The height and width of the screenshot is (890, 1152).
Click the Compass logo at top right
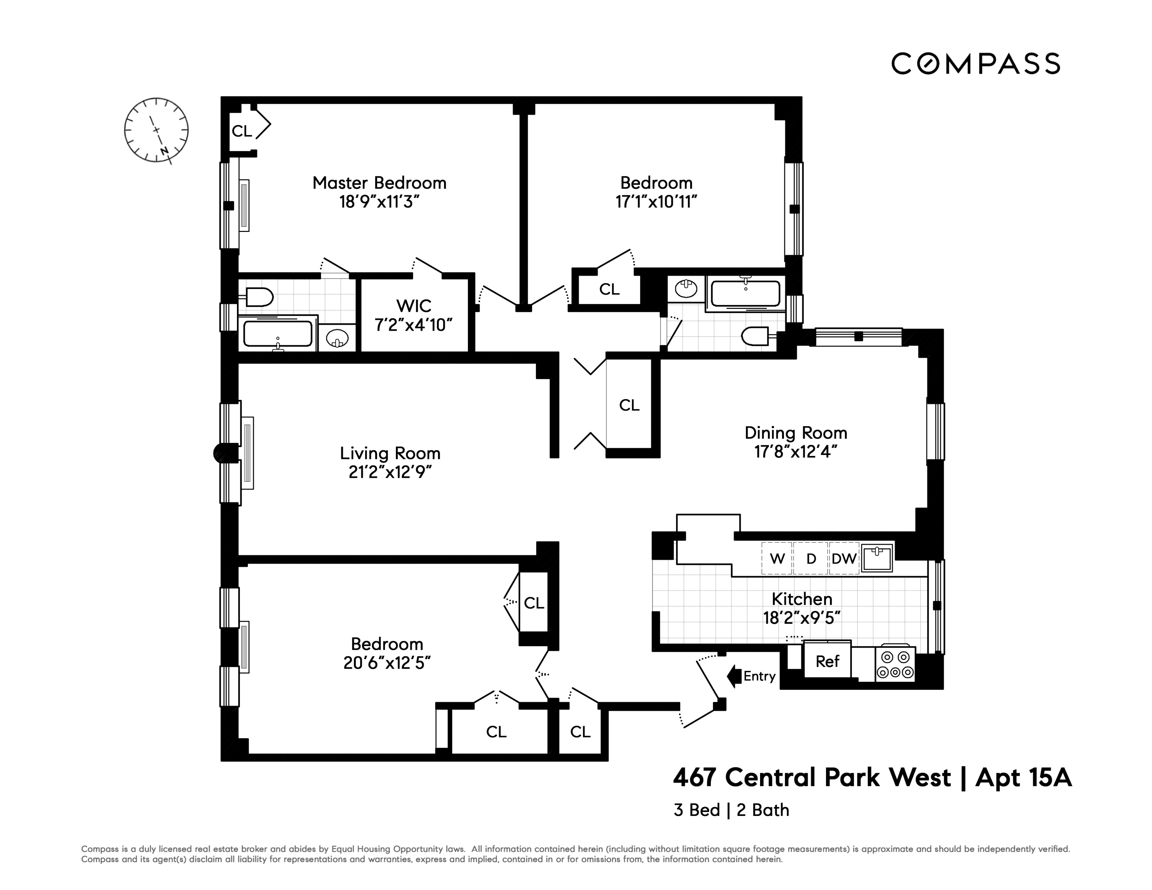975,64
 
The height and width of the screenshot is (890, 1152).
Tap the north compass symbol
156,130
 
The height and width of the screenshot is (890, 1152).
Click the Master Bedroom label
379,183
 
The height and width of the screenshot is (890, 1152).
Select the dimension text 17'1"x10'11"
656,202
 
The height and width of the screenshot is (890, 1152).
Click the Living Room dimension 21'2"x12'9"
390,472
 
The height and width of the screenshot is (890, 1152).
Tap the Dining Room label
795,433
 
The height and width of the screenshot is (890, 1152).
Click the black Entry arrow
734,676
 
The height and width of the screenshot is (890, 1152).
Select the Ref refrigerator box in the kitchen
827,661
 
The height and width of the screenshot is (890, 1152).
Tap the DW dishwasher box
843,559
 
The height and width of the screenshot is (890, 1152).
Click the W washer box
777,559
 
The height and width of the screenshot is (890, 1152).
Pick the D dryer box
811,559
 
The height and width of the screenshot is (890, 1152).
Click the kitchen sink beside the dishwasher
877,558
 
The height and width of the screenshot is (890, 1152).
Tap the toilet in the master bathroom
257,297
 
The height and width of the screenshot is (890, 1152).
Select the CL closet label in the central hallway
629,405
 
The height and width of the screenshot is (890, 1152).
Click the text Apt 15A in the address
1023,778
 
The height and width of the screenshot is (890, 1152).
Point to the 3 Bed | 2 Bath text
731,810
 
